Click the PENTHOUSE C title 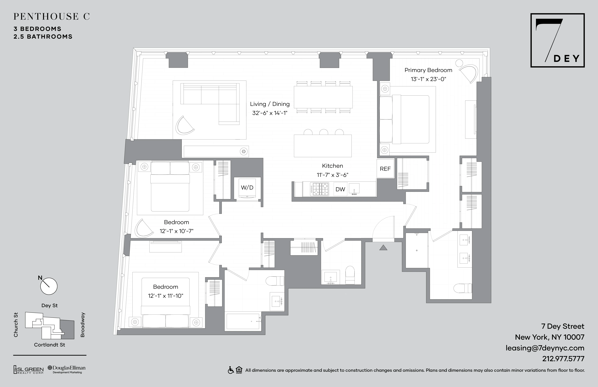[51, 17]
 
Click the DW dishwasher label [340, 189]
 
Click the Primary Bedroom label [428, 70]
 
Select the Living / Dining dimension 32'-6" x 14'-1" [270, 113]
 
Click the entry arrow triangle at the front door [383, 248]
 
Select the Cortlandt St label [49, 345]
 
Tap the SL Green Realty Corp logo [28, 370]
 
